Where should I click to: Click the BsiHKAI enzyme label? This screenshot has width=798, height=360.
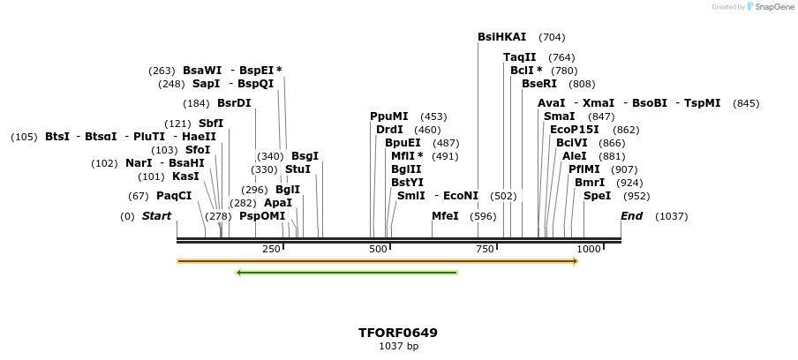pyautogui.click(x=501, y=37)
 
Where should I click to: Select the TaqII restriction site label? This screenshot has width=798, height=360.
pyautogui.click(x=520, y=57)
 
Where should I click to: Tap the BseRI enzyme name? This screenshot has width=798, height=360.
pyautogui.click(x=539, y=84)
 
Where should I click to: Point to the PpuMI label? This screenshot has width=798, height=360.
pyautogui.click(x=389, y=116)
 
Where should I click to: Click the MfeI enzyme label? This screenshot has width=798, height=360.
pyautogui.click(x=445, y=216)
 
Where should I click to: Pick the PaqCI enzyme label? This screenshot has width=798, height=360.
pyautogui.click(x=174, y=196)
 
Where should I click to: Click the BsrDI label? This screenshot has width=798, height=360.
pyautogui.click(x=234, y=103)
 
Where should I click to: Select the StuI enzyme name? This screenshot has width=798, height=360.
pyautogui.click(x=297, y=169)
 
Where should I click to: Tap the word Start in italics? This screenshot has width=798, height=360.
pyautogui.click(x=156, y=216)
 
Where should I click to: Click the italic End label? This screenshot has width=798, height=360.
pyautogui.click(x=632, y=216)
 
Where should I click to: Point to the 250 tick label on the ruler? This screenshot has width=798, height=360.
pyautogui.click(x=271, y=250)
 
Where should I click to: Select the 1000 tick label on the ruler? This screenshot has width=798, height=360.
pyautogui.click(x=589, y=250)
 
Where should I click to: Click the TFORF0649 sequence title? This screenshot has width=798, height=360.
pyautogui.click(x=398, y=333)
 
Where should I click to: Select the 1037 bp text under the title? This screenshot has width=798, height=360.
pyautogui.click(x=398, y=347)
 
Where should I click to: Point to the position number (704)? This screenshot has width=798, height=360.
pyautogui.click(x=552, y=37)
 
